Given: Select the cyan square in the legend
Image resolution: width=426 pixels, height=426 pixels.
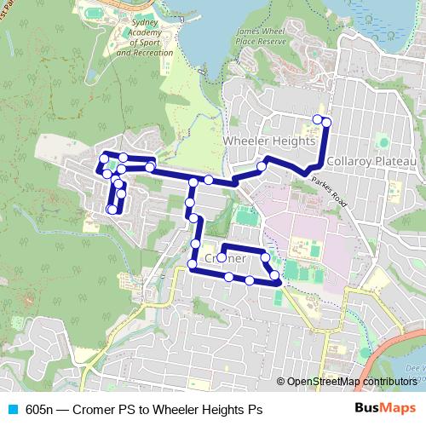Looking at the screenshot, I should coord(12,409).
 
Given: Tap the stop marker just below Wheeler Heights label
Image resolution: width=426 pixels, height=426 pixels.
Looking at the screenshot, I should coord(262,166).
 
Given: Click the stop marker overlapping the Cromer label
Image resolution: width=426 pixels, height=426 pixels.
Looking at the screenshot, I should coord(222,256).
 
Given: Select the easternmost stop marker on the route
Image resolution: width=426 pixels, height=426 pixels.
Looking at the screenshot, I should coord(326,123).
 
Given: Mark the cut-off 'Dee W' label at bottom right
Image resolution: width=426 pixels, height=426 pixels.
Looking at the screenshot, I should coord(415,368).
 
